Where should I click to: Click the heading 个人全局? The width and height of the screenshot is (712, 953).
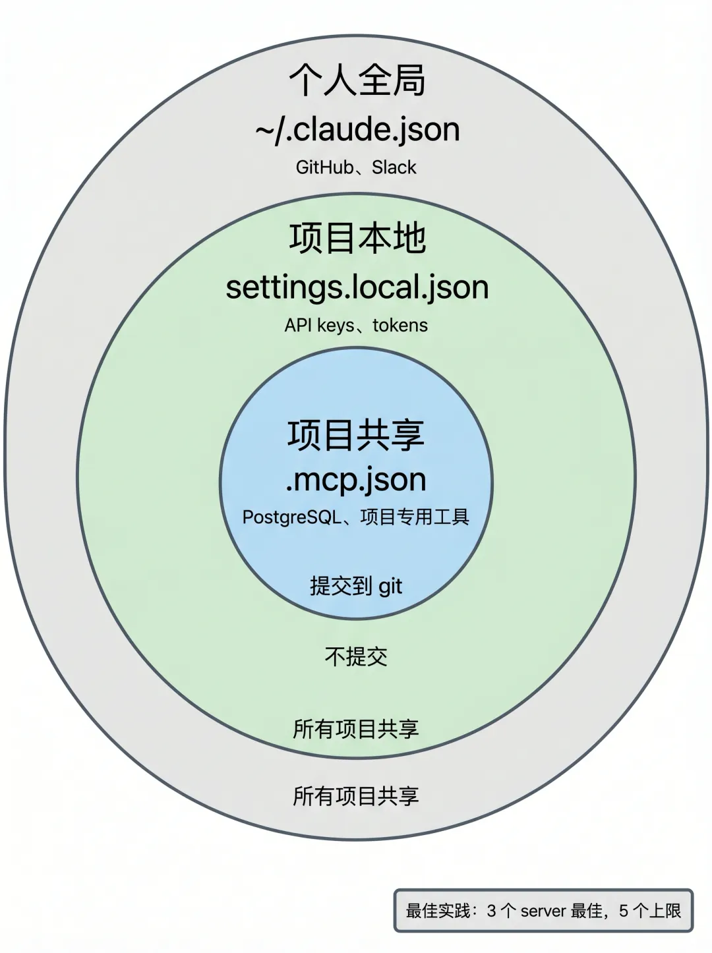tap(357, 80)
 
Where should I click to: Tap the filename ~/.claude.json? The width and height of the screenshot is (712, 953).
tap(357, 129)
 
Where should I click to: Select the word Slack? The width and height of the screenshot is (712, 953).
tap(394, 167)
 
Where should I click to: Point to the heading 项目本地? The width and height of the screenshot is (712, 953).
tap(357, 238)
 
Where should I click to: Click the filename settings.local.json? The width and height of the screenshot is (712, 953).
tap(357, 288)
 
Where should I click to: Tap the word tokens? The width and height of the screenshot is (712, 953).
tap(400, 326)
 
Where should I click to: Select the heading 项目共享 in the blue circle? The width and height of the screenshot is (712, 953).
tap(356, 435)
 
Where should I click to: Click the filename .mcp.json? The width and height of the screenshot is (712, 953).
tap(356, 480)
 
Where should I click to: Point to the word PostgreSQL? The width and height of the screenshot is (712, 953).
tap(291, 517)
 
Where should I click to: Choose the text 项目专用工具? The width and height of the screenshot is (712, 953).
tap(415, 517)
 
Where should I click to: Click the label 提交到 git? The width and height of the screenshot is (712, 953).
tap(356, 586)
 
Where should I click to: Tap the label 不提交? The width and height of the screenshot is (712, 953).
tap(356, 656)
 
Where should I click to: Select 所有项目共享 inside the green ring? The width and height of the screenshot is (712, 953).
tap(356, 729)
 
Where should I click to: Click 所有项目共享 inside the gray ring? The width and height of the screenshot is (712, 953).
tap(356, 796)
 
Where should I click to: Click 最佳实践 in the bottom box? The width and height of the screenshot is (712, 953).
tap(439, 911)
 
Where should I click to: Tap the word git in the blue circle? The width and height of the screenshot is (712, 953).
tap(390, 587)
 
